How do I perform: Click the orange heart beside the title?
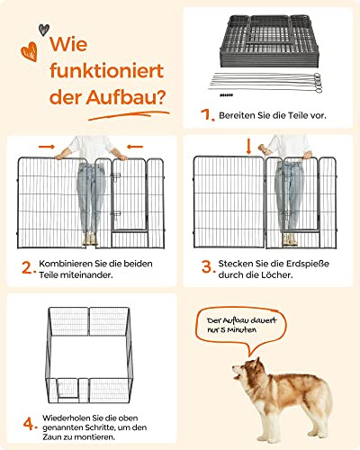pos(30,51)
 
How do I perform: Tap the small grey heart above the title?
pos(44,30)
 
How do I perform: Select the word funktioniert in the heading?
pos(107,71)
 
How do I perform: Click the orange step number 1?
pos(207,115)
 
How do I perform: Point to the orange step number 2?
pos(29,267)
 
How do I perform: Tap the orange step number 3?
pos(208,266)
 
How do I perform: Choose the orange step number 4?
pos(31,424)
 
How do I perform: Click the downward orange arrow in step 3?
pos(248,148)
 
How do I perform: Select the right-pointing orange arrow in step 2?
pos(47,147)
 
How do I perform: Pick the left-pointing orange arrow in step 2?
pos(135,147)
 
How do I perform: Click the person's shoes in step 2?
pos(90,239)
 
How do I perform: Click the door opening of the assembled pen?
pos(68,389)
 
